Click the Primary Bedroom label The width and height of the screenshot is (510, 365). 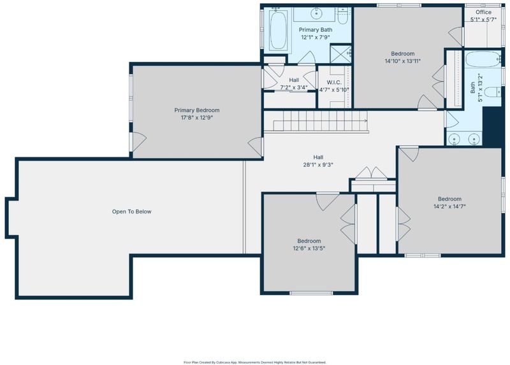tap(197, 110)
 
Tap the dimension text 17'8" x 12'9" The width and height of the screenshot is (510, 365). tap(197, 118)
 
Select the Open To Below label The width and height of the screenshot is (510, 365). tap(132, 211)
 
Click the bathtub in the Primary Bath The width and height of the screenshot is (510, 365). tap(279, 29)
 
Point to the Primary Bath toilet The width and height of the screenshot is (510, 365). tap(342, 17)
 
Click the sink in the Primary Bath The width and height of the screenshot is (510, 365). tap(316, 13)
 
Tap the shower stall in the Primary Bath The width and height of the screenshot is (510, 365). tap(340, 54)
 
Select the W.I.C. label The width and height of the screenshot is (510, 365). tap(334, 83)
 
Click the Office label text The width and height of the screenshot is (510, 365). tap(483, 12)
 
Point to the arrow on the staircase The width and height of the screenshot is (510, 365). tap(321, 120)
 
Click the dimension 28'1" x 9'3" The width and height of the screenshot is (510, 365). tap(318, 165)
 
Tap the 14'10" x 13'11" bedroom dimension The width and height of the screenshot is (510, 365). tap(403, 61)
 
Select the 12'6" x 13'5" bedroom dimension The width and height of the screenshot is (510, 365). tap(309, 248)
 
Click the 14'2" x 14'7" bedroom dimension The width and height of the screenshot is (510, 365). tap(449, 206)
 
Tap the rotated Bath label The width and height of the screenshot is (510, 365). tap(472, 87)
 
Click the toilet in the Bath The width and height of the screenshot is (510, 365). tap(492, 92)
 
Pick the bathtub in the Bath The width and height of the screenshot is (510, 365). tap(483, 59)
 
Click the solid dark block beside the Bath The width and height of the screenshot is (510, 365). tap(492, 126)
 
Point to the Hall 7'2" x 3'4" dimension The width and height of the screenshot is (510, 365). tap(294, 87)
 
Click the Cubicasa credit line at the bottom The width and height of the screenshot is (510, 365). tap(255, 362)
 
